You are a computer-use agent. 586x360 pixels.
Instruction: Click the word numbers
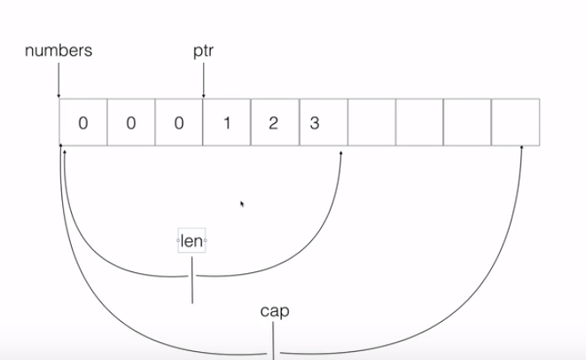(x=59, y=51)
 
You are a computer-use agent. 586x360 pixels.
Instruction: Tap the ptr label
(x=204, y=51)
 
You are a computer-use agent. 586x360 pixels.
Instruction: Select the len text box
(x=191, y=240)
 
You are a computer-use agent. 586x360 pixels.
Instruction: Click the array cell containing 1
(x=227, y=122)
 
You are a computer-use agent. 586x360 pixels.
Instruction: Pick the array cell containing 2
(x=275, y=122)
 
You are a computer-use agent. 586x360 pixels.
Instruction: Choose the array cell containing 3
(x=323, y=122)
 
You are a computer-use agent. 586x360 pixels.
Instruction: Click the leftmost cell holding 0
(x=83, y=122)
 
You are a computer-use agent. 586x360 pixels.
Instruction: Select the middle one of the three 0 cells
(x=131, y=122)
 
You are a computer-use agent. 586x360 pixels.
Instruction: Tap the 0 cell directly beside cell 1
(x=179, y=122)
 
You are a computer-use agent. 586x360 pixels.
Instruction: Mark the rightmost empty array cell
(x=515, y=122)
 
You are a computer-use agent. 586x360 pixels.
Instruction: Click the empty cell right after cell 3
(x=371, y=122)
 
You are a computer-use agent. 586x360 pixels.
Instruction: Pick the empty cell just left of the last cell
(x=467, y=122)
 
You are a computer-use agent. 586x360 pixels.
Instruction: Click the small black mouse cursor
(x=242, y=204)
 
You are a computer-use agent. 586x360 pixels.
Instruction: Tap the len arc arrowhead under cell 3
(x=342, y=153)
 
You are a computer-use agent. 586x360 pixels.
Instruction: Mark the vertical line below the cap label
(x=273, y=341)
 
